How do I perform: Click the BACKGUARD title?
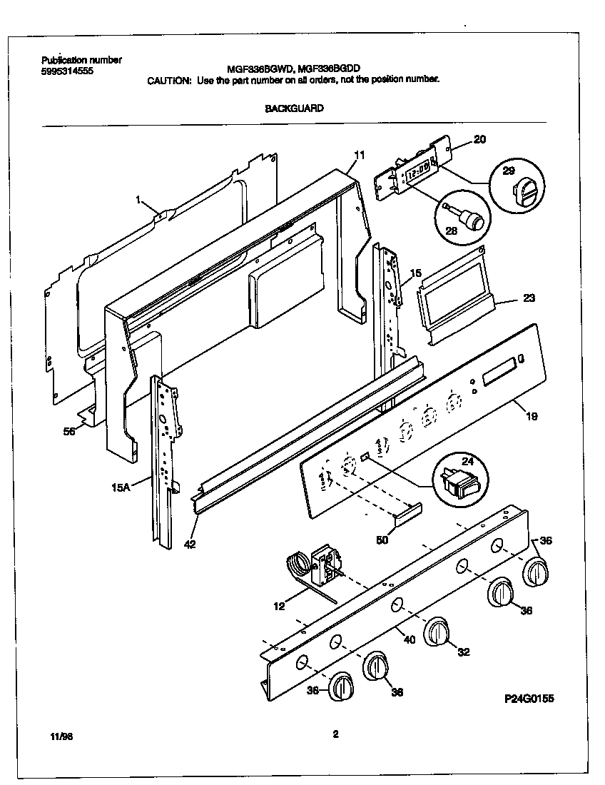click(295, 108)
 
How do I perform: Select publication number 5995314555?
click(67, 71)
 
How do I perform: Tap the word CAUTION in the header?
click(169, 80)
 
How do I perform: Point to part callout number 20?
click(479, 140)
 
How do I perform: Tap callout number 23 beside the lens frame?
click(529, 298)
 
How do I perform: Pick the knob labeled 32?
click(437, 633)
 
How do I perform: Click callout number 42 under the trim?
click(188, 544)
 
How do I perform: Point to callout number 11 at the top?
click(359, 154)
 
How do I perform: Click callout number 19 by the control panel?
click(532, 415)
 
